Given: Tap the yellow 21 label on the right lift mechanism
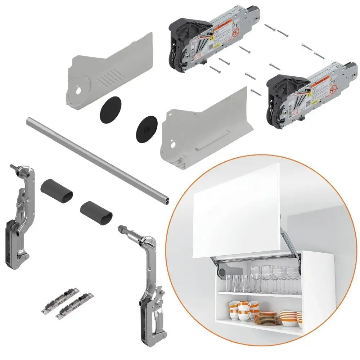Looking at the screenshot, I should (309, 94).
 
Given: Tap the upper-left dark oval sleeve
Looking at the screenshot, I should (57, 190).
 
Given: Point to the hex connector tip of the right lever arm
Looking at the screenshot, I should (121, 229).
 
